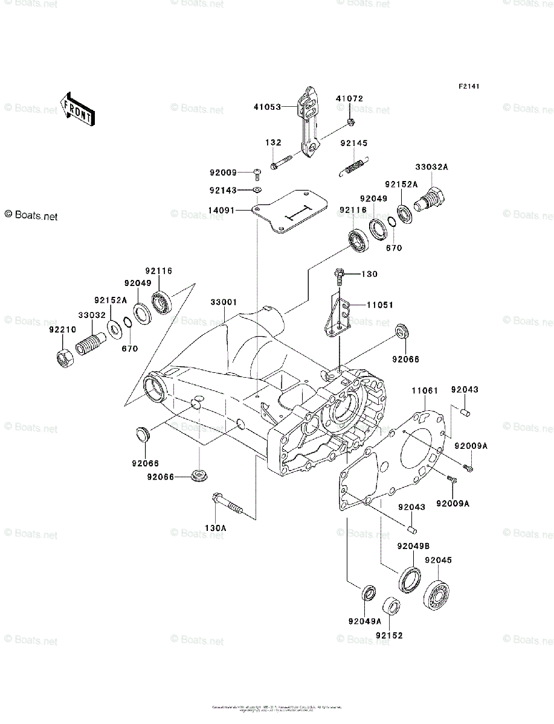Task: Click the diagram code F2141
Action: click(x=468, y=87)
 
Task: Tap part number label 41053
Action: click(x=267, y=107)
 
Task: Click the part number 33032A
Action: click(x=431, y=168)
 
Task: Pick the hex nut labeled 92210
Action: click(x=63, y=358)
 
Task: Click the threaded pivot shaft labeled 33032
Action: click(x=91, y=345)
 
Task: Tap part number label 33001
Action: click(x=224, y=302)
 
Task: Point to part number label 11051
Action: click(x=379, y=305)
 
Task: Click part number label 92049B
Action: click(x=413, y=547)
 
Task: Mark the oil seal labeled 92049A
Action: click(x=368, y=594)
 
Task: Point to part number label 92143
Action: click(x=224, y=191)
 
